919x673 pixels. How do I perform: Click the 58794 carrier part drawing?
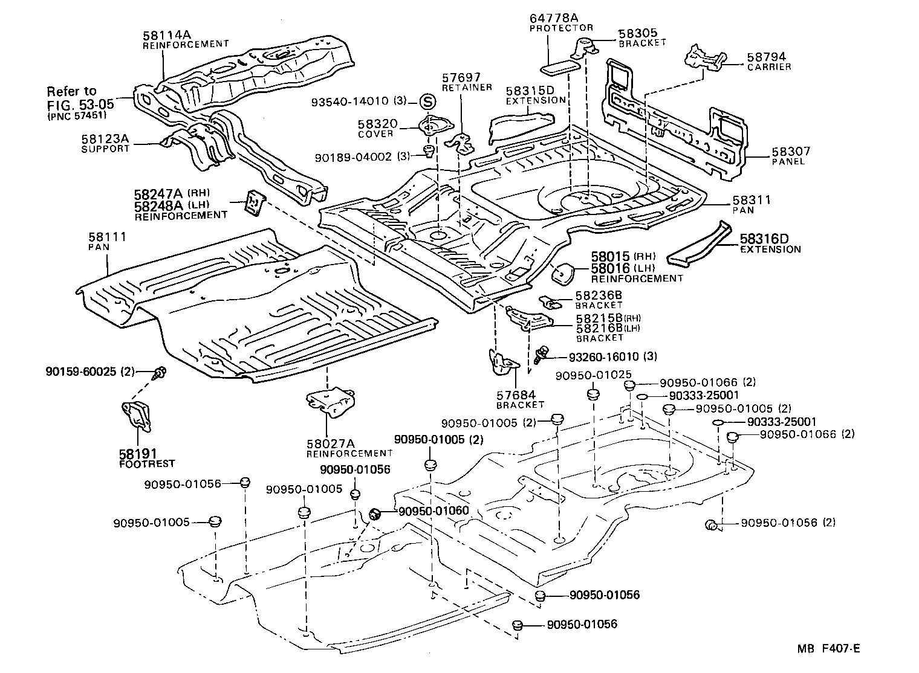(x=704, y=58)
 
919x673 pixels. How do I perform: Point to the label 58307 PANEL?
(x=791, y=156)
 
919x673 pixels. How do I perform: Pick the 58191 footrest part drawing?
(x=137, y=416)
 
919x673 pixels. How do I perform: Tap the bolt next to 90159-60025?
(x=160, y=373)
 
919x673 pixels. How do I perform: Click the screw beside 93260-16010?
(x=542, y=353)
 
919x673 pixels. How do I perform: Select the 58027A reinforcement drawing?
(x=330, y=402)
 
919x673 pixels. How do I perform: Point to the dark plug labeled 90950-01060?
(x=375, y=514)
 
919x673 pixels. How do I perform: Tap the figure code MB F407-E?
(x=828, y=649)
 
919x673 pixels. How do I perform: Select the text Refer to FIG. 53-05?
(x=80, y=98)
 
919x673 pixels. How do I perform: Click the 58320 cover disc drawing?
(x=428, y=127)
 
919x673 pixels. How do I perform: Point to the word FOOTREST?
(x=146, y=463)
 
